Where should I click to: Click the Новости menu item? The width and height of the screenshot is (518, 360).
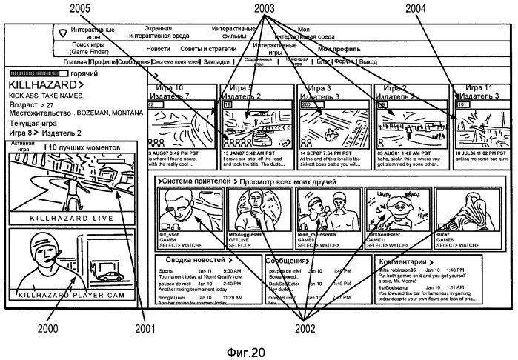click(x=158, y=49)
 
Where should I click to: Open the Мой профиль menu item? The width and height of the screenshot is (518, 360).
click(x=339, y=49)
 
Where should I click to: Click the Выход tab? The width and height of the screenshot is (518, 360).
click(x=368, y=62)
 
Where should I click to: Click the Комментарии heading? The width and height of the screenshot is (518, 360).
click(x=404, y=261)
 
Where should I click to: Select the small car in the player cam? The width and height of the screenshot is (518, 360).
click(x=110, y=276)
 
